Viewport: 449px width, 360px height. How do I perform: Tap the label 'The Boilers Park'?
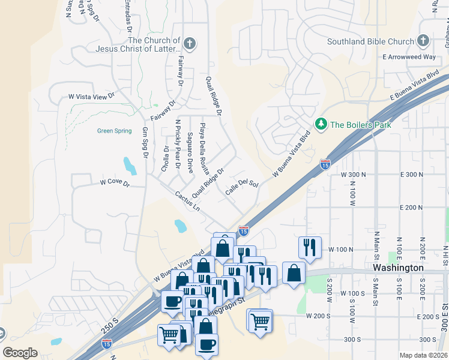(x=360, y=125)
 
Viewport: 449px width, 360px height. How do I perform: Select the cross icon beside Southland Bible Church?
(x=423, y=41)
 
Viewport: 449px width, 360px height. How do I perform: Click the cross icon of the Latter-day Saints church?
(x=190, y=44)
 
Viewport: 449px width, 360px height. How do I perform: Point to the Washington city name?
(x=398, y=268)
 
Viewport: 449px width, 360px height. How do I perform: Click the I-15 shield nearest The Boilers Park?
(x=325, y=164)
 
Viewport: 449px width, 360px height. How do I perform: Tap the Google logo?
(x=20, y=353)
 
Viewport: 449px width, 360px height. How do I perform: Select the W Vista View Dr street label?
(x=91, y=96)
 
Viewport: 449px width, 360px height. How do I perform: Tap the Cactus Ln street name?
(x=187, y=201)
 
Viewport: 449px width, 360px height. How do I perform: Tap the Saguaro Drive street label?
(x=190, y=154)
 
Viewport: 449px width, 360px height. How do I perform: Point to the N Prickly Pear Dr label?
(x=178, y=145)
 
